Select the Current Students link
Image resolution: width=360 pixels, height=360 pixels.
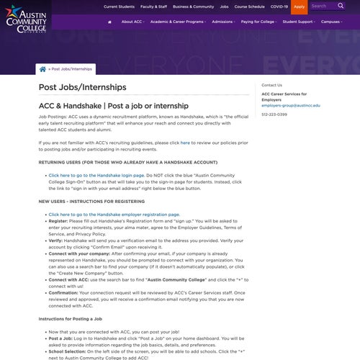pos(119,6)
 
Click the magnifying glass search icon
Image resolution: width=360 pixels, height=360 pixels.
pos(341,6)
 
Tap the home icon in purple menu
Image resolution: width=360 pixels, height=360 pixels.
pos(109,22)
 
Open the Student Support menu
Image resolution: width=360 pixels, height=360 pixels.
pos(299,22)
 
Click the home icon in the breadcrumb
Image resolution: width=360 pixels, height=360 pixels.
pos(42,69)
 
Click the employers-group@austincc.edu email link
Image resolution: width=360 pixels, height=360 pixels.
pos(291,105)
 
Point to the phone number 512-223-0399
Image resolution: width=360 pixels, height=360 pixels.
pos(274,114)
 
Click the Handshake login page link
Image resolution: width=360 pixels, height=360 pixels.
pos(96,175)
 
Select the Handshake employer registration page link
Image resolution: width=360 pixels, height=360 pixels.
pos(114,214)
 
